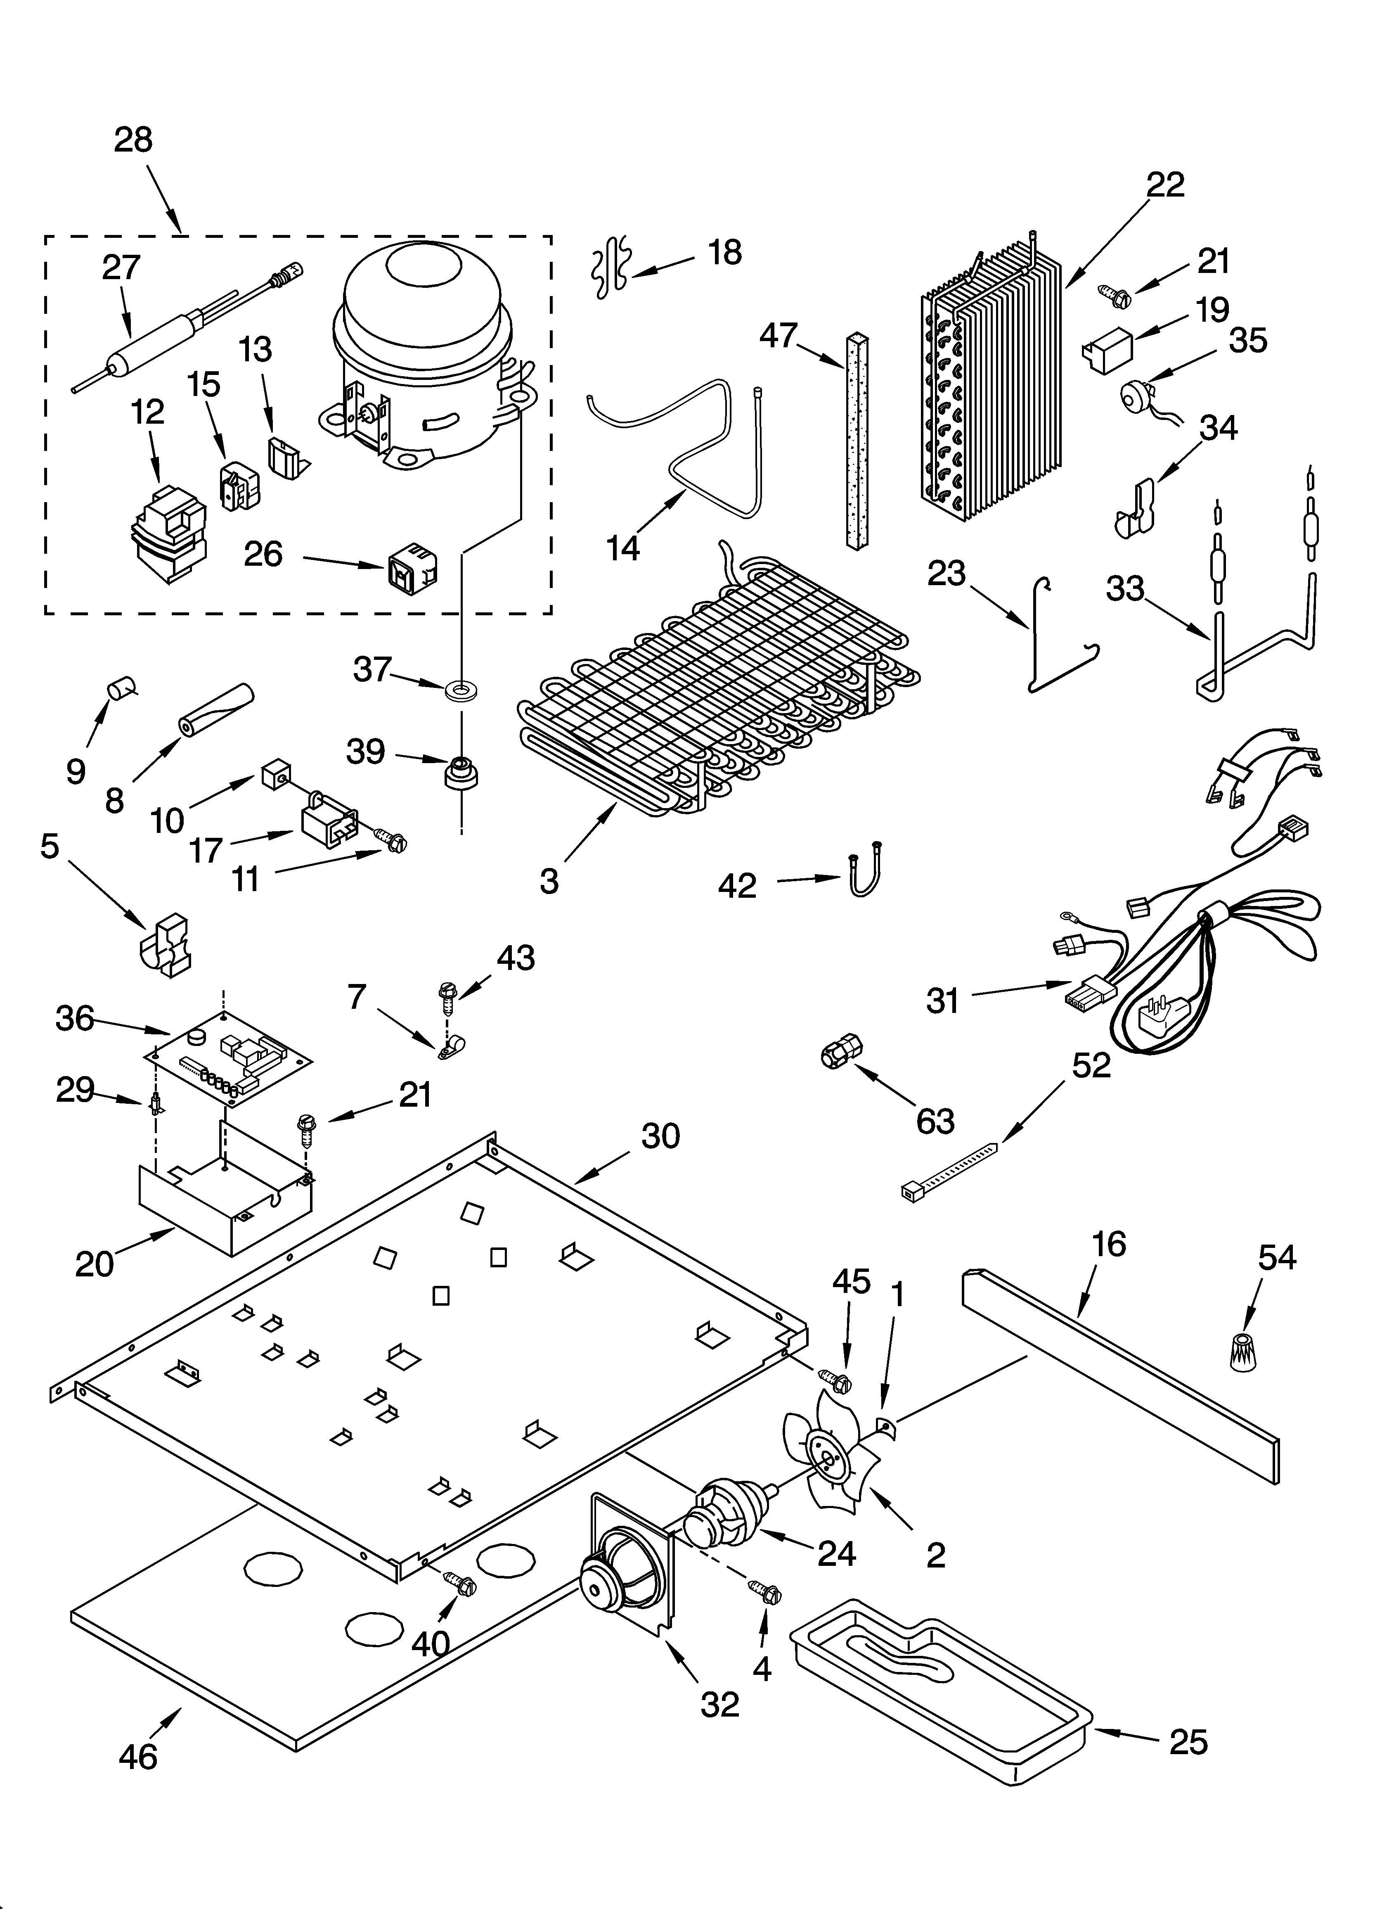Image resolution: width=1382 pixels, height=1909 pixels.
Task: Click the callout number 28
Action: (x=133, y=140)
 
